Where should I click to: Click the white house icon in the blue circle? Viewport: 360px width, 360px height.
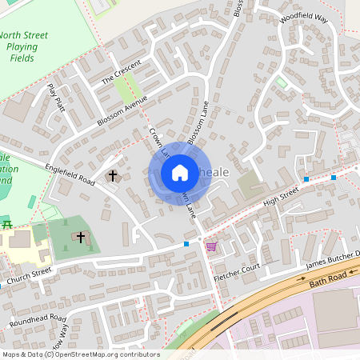coord(179,172)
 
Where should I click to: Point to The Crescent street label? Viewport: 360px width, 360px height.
coord(121,71)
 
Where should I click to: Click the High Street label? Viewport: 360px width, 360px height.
coord(281,195)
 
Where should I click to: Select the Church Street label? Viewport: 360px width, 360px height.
coord(30,276)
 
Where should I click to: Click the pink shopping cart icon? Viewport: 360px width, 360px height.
coord(210,246)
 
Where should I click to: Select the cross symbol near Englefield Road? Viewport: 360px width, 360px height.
coord(113,174)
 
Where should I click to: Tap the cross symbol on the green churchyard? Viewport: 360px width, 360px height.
coord(81,237)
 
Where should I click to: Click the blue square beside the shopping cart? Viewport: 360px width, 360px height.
coord(186,243)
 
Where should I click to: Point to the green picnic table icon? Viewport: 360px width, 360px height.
coord(6,225)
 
